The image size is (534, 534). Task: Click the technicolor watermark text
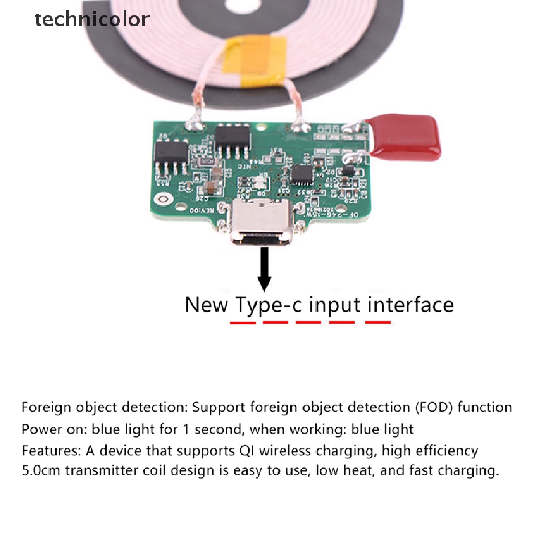click(92, 20)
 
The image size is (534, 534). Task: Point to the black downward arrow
click(265, 269)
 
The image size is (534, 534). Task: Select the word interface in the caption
click(410, 304)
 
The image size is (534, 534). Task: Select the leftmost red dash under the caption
click(243, 323)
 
